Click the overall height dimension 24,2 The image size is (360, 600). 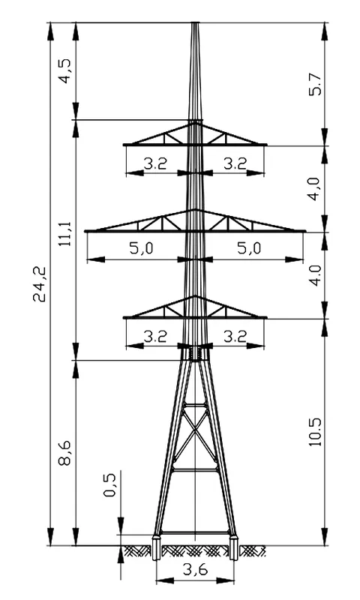pos(39,283)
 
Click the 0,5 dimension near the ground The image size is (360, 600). pos(109,484)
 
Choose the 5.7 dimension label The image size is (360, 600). pos(316,84)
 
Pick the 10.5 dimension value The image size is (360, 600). pos(316,432)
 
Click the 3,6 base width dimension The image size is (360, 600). pos(195,570)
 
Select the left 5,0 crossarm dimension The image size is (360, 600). pos(142,248)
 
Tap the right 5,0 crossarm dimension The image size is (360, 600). pos(249,248)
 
